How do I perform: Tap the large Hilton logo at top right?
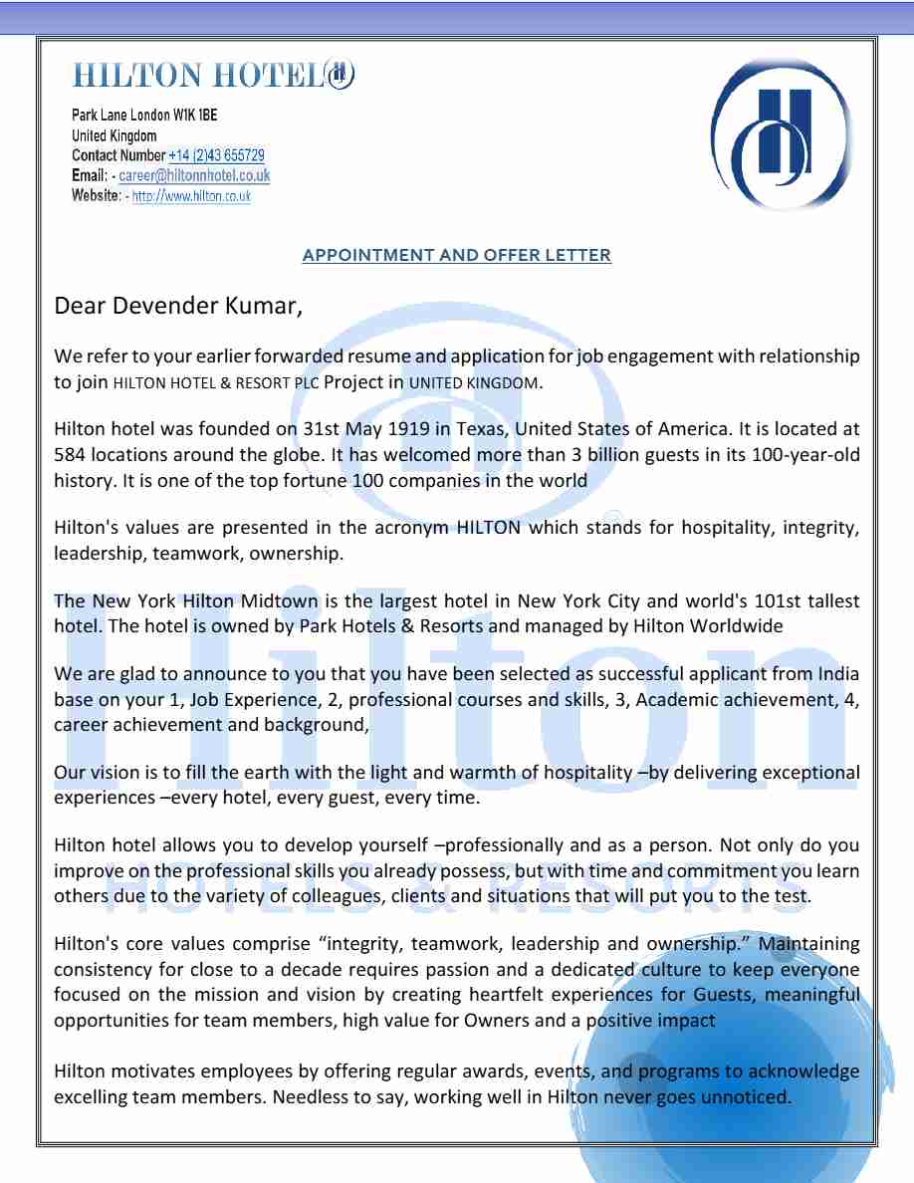[x=783, y=134]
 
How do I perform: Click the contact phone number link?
[x=216, y=155]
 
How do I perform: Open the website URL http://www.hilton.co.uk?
[x=191, y=196]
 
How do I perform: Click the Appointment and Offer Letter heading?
[x=456, y=255]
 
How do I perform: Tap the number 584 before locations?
[x=71, y=454]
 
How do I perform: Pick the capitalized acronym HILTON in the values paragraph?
[x=488, y=528]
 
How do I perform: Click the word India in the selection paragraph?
[x=836, y=675]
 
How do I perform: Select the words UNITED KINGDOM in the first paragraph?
[x=474, y=382]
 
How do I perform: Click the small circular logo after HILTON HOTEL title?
[x=339, y=75]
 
